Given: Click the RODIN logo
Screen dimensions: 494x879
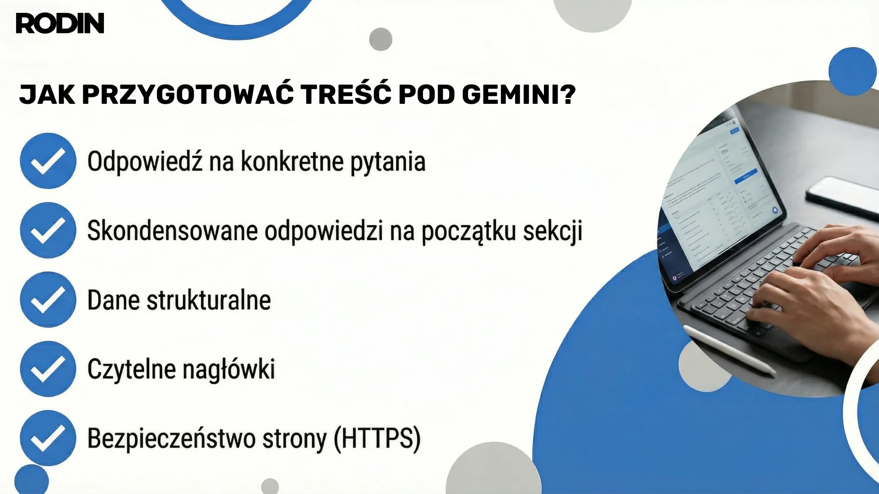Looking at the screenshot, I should pos(60,23).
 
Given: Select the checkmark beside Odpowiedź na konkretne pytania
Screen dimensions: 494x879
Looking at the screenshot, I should pos(48,161).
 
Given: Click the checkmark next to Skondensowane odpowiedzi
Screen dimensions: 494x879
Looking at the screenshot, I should pos(48,230).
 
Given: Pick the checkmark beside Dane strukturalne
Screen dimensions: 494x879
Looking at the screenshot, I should pos(48,300).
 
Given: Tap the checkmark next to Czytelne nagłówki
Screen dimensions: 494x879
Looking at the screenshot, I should pos(48,369).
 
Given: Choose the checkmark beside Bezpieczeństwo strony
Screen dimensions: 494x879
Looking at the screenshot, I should pos(48,438).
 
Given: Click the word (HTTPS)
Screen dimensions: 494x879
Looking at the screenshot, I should pos(377,438).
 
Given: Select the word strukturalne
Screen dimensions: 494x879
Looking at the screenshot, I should pos(208,300).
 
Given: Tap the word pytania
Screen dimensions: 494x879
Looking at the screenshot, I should pos(388,162).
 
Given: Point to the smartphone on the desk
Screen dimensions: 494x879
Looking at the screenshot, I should pos(842,194).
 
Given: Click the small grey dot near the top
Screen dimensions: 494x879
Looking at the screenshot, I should pos(380,39).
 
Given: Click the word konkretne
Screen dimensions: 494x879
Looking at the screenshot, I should pos(292,161).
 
